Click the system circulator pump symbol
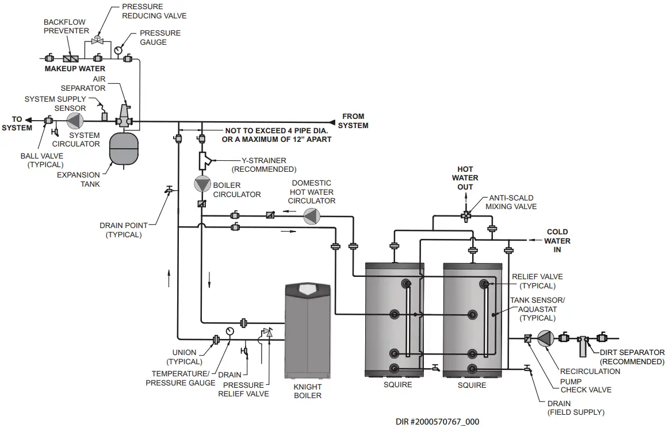[75, 121]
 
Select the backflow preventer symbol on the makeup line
[71, 59]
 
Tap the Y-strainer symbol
[203, 160]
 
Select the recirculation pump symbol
[545, 338]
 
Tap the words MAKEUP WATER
[75, 69]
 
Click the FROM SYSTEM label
[353, 121]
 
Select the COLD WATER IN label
[557, 241]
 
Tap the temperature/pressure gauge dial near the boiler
[231, 331]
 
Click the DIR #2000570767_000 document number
[437, 421]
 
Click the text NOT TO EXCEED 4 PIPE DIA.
[277, 131]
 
